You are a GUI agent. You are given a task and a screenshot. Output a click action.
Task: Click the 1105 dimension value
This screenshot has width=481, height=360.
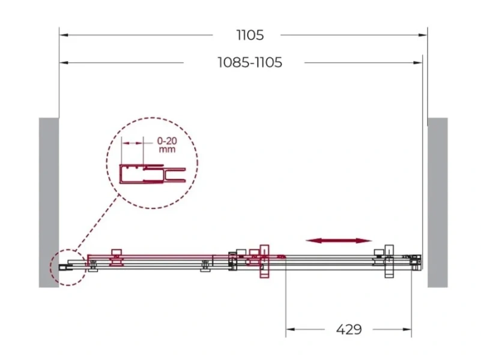[250, 35]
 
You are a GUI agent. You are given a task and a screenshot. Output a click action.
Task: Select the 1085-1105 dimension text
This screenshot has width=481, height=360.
[250, 62]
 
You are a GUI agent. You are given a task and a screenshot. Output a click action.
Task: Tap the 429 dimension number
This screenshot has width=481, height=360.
[349, 329]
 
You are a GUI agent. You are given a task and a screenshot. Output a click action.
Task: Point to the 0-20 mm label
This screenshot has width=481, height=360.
[167, 145]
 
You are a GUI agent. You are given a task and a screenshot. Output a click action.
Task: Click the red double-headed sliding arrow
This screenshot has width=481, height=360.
[339, 241]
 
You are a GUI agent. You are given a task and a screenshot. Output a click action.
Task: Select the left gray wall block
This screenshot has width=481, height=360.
[49, 203]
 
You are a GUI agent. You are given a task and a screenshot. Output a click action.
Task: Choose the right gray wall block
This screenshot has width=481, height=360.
[438, 203]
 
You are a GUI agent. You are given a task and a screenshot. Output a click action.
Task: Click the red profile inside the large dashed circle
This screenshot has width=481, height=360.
[152, 174]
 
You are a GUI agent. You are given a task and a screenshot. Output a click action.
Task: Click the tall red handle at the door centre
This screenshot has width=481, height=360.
[264, 262]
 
